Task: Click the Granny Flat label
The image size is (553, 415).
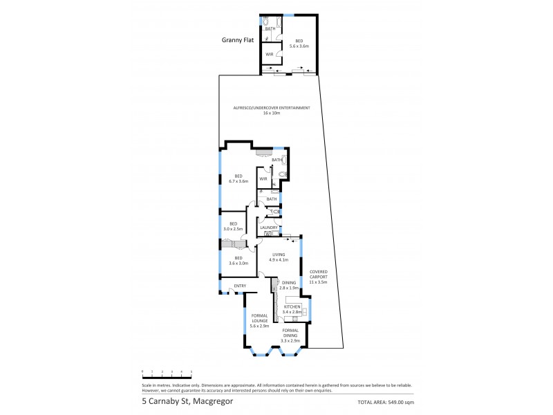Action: coord(238,40)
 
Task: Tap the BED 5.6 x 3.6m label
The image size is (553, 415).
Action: coord(299,43)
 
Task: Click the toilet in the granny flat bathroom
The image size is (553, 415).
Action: coord(267,23)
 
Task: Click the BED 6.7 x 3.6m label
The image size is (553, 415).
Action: coord(238,178)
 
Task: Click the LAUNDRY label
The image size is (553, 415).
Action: coord(268,227)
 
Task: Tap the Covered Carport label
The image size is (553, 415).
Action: coord(318,277)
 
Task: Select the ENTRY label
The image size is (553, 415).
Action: coord(240,286)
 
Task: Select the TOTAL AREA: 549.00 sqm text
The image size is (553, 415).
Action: coord(386,402)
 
